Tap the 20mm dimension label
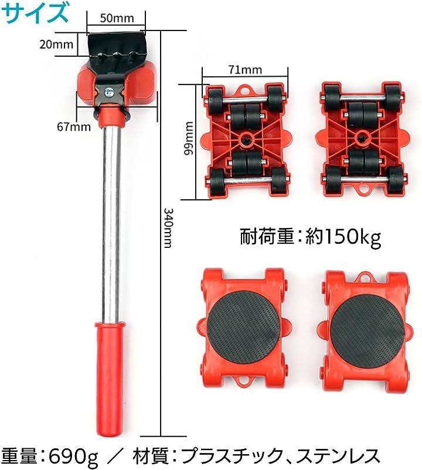click(x=56, y=45)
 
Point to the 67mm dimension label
click(x=74, y=127)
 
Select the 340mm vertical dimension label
click(x=168, y=228)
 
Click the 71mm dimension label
click(x=245, y=70)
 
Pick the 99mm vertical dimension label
click(x=189, y=138)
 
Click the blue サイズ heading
click(x=35, y=13)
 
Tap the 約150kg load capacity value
click(x=343, y=237)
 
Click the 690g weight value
click(x=73, y=457)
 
